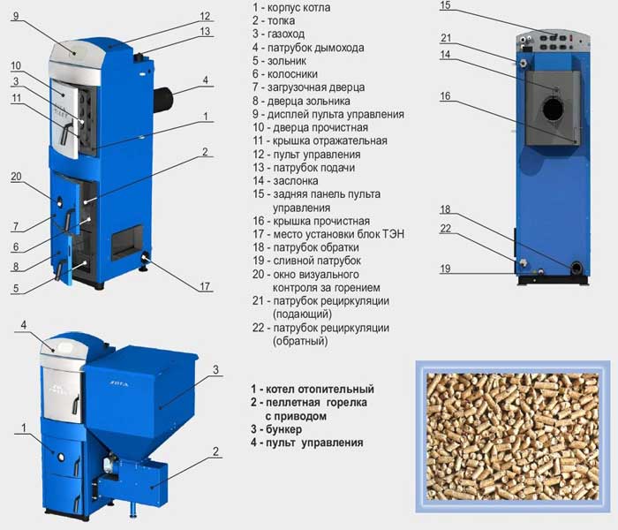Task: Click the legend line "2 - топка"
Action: tap(274, 20)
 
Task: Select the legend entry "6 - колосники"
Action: tap(285, 73)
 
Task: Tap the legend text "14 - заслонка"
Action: tap(285, 180)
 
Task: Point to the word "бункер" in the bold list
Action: tap(283, 429)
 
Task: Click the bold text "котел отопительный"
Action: tap(320, 390)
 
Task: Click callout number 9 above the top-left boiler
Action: tap(16, 16)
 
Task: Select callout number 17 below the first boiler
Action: tap(205, 286)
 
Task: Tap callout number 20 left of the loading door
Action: tap(16, 177)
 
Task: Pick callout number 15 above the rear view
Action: tap(445, 5)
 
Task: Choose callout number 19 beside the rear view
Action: tap(445, 269)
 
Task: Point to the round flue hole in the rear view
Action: tap(553, 110)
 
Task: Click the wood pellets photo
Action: tap(513, 436)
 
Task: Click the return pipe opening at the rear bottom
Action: tap(577, 269)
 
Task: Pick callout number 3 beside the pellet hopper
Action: tap(215, 369)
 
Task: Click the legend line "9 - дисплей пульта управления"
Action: tap(328, 114)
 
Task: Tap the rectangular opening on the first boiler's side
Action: tap(127, 243)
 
